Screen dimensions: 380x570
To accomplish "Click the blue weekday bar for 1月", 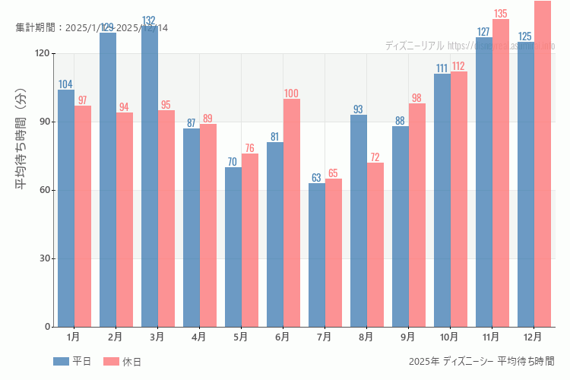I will coord(66,208).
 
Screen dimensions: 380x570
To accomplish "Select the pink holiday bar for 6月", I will coord(292,213).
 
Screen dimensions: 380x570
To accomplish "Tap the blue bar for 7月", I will coord(317,255).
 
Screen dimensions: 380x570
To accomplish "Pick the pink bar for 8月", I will coord(375,245).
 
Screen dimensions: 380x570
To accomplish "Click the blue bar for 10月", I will coord(442,200).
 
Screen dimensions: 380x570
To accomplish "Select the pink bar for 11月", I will coord(501,173).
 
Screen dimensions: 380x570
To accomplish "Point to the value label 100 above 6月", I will coord(291,93).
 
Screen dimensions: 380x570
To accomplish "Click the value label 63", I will coord(317,178).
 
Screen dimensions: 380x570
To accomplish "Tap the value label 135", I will coord(500,14).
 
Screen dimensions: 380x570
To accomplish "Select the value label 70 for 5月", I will coord(233,162).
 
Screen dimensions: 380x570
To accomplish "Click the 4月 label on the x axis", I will coord(198,336).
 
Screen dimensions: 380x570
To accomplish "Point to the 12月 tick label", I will coord(533,336).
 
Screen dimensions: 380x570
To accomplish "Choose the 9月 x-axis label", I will coord(407,336).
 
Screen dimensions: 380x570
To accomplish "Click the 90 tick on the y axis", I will coord(45,122).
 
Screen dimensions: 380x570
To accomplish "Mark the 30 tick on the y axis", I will coord(45,258).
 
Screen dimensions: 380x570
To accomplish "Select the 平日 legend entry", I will coord(73,362).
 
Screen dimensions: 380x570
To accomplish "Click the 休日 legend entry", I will coord(122,362).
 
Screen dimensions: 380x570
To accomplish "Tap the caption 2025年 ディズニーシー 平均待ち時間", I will coord(481,361).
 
